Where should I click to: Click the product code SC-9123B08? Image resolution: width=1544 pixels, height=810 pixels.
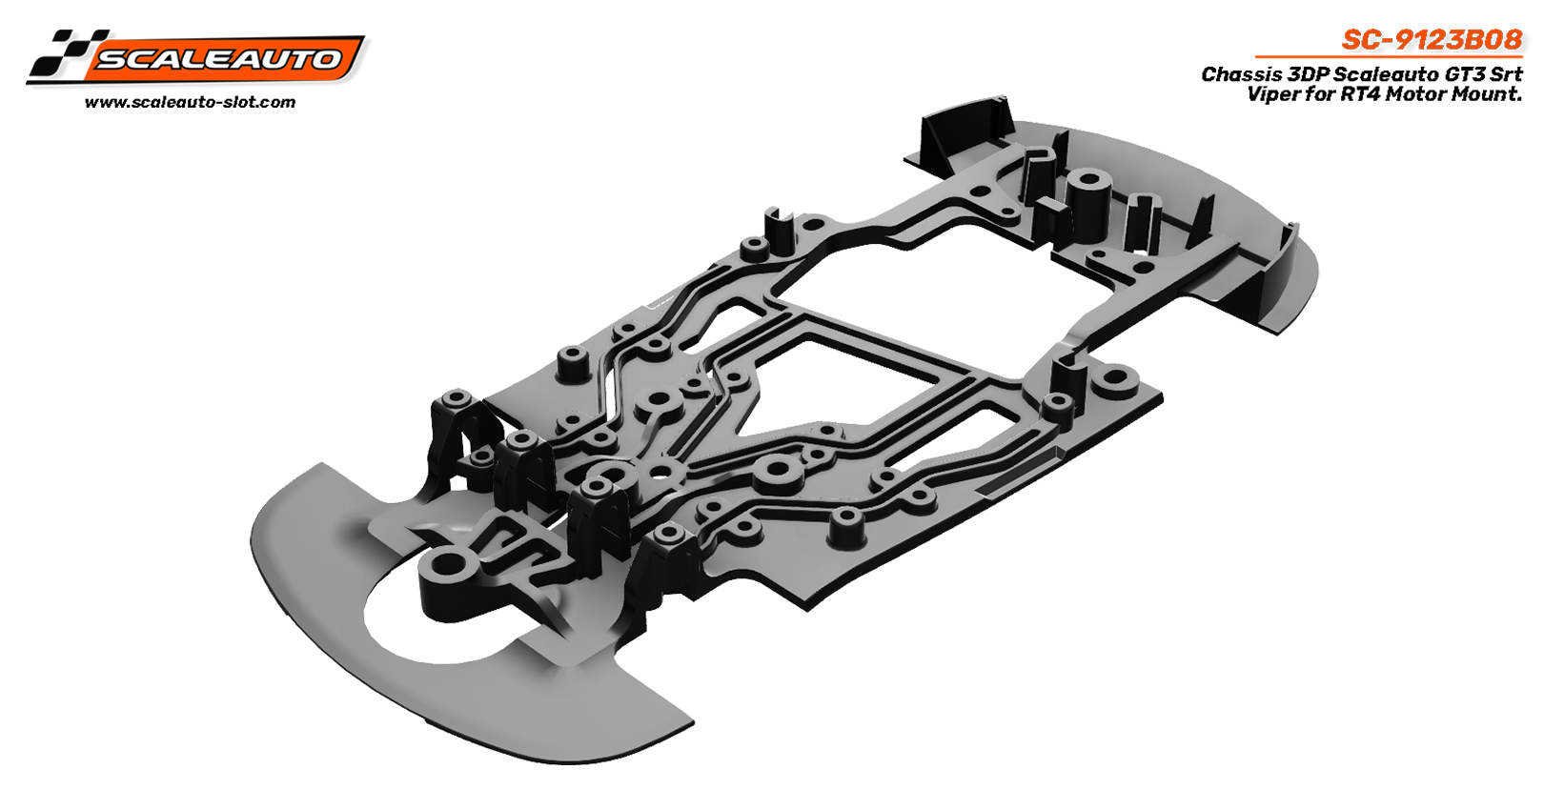tap(1432, 39)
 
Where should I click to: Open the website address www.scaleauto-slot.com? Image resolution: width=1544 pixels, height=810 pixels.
tap(190, 102)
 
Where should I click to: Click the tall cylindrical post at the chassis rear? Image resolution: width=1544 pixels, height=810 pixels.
tap(1084, 202)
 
